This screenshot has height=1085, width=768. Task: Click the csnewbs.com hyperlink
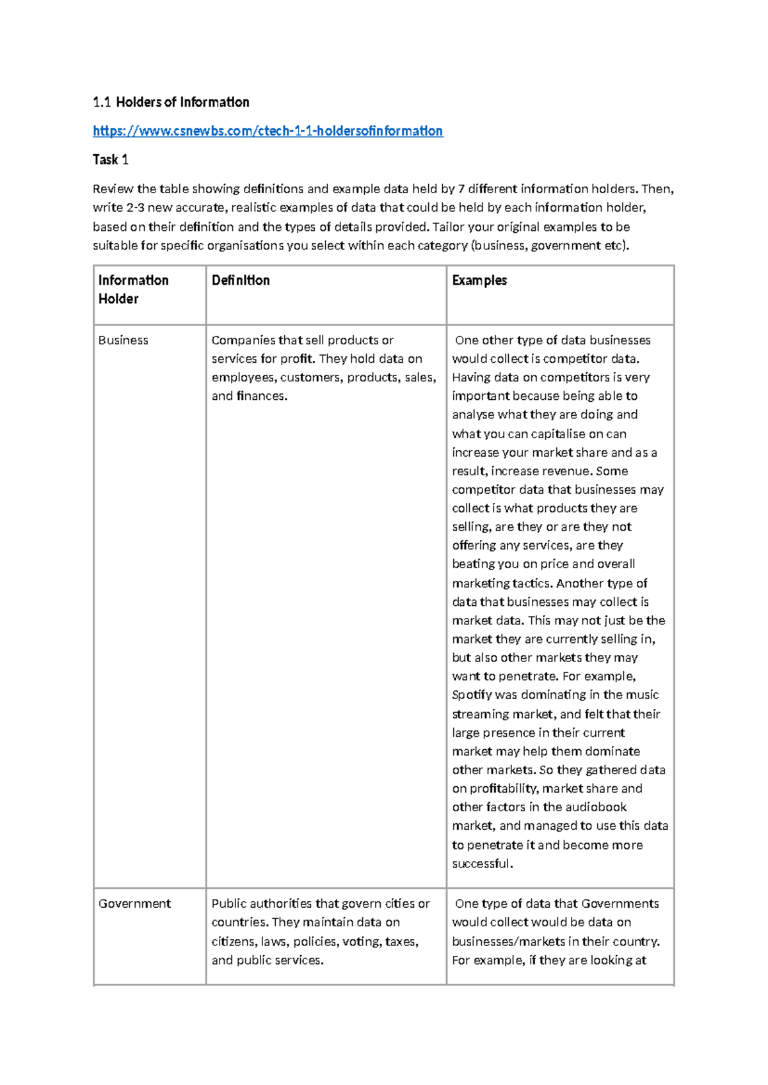268,131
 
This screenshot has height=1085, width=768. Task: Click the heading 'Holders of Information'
182,102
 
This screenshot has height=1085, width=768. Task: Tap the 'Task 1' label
111,160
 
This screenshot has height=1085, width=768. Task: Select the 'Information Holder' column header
133,289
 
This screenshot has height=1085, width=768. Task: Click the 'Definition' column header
241,280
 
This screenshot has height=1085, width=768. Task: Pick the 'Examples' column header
479,280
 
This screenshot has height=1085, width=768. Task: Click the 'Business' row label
124,340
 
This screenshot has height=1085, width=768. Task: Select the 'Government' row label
134,903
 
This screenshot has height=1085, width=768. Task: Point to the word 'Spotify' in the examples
472,695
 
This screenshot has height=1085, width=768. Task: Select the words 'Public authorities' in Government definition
261,903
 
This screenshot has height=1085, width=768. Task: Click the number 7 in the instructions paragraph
461,189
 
